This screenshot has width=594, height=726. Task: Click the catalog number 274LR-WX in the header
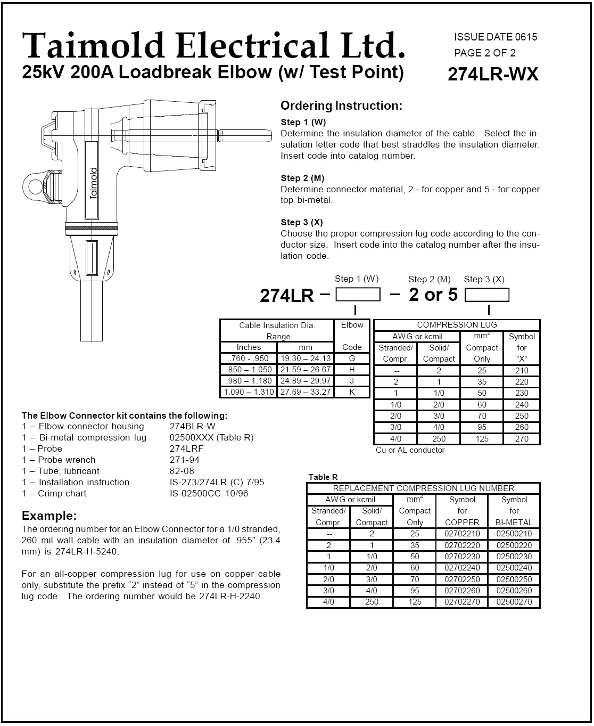(493, 74)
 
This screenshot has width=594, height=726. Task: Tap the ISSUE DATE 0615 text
(496, 37)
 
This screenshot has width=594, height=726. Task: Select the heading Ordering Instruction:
(341, 105)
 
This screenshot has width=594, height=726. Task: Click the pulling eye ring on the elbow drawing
(35, 186)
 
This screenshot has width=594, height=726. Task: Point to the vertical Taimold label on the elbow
(94, 183)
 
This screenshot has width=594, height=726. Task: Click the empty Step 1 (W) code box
(358, 295)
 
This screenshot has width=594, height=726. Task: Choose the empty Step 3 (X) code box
(486, 295)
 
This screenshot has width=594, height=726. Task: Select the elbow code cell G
(352, 358)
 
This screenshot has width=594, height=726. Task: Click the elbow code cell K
(352, 392)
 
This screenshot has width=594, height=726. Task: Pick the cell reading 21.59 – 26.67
(306, 370)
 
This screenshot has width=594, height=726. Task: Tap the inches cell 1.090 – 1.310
(249, 392)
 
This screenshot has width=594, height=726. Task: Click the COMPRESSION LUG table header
(457, 325)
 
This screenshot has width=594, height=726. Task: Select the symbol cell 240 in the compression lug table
(522, 405)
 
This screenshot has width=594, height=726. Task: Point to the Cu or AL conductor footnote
(410, 450)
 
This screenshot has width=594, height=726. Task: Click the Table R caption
(323, 477)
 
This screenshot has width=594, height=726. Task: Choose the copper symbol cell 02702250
(462, 580)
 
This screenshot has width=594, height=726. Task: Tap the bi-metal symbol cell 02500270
(514, 602)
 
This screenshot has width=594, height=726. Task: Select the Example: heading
(49, 516)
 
